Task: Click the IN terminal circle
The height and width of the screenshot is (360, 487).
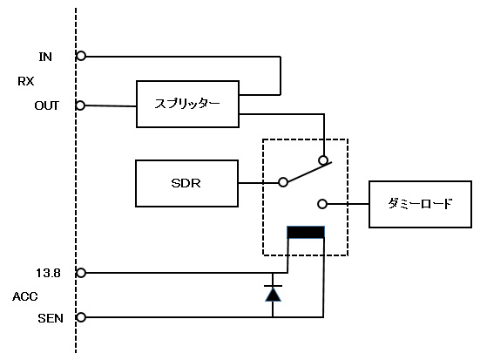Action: [81, 56]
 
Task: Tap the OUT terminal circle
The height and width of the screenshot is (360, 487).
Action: [80, 105]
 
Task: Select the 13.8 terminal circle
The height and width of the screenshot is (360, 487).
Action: [81, 273]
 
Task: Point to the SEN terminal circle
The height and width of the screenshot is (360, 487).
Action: [81, 317]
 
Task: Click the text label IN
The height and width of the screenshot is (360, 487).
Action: [45, 57]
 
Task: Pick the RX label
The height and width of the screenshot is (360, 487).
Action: [26, 81]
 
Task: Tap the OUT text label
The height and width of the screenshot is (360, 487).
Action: [46, 105]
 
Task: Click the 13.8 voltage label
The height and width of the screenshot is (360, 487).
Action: [48, 273]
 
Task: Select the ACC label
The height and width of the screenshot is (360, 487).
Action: [25, 296]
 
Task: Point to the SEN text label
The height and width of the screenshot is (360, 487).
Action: [51, 318]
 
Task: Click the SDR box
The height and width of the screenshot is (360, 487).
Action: [187, 183]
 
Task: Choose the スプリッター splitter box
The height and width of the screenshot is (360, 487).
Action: [187, 104]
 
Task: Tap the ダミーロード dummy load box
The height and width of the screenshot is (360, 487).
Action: [420, 204]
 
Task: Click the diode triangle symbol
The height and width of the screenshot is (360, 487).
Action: [273, 294]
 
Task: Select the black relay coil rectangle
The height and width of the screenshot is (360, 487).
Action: [306, 232]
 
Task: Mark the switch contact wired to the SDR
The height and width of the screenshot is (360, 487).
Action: [283, 182]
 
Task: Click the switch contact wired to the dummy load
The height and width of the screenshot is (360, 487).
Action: [322, 204]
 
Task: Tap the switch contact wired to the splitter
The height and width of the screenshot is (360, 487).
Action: [323, 160]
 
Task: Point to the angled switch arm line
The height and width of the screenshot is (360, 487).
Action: [309, 172]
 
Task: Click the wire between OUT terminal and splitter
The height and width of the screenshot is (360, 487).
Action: [111, 106]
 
